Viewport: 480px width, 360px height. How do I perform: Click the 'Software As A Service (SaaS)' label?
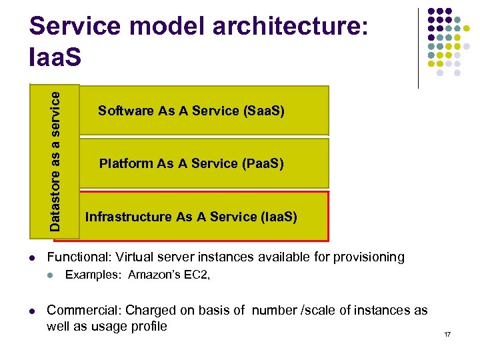pos(191,111)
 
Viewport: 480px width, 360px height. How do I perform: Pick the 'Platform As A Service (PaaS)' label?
pos(191,163)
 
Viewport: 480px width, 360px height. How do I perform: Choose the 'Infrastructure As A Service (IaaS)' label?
pos(191,217)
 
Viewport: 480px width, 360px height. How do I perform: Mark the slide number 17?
pos(447,333)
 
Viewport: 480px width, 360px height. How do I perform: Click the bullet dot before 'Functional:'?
pos(32,258)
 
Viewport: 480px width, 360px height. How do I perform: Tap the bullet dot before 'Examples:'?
pos(51,275)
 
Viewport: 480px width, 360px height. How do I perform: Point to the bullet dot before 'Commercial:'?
pos(32,311)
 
